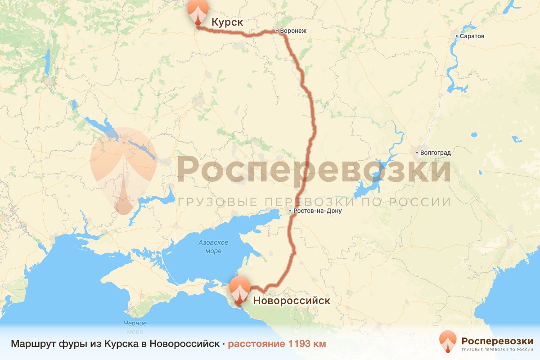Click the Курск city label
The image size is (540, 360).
227,22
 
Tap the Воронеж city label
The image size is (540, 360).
293,31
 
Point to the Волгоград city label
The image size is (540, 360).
435,153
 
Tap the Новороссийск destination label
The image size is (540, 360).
292,301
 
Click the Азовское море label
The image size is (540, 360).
213,247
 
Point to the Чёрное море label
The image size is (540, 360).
135,328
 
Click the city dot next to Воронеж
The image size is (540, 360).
277,31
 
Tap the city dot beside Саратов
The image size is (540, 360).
456,36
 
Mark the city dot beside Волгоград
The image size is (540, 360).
417,153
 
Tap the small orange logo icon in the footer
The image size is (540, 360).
447,342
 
